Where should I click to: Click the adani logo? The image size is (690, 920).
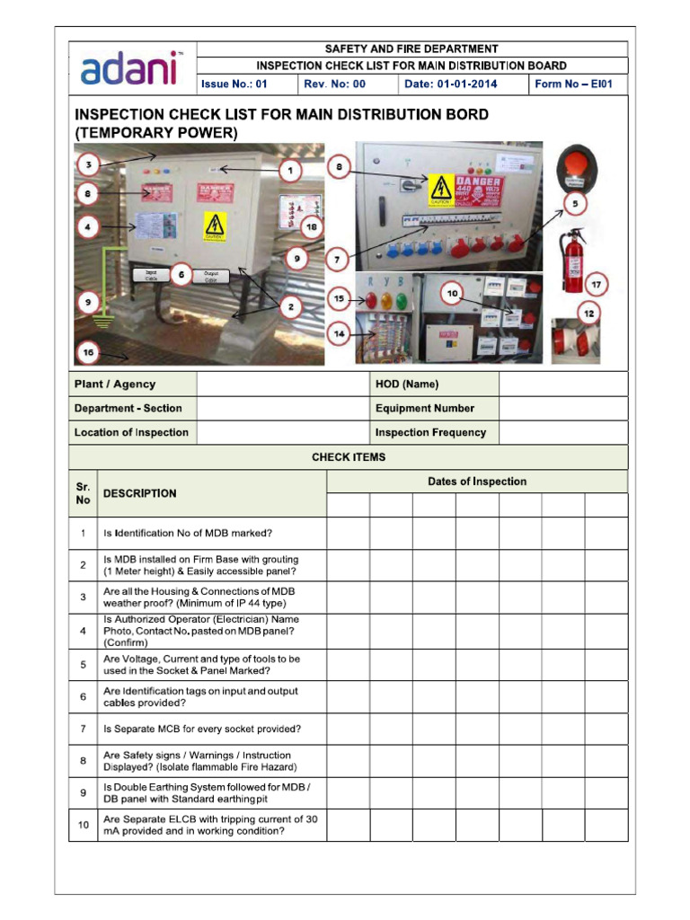pyautogui.click(x=131, y=68)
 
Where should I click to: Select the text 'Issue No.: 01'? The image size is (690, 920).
pyautogui.click(x=234, y=84)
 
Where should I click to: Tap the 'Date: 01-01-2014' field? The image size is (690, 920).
pyautogui.click(x=450, y=84)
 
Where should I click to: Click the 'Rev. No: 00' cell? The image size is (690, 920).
pyautogui.click(x=335, y=84)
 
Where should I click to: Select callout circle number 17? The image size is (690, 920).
pyautogui.click(x=595, y=285)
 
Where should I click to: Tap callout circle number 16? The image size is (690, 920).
pyautogui.click(x=88, y=353)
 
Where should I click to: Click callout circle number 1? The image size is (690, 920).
pyautogui.click(x=289, y=170)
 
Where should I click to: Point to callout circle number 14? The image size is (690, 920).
pyautogui.click(x=339, y=333)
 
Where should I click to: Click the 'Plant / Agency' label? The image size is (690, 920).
pyautogui.click(x=114, y=385)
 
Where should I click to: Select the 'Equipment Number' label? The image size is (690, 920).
pyautogui.click(x=425, y=409)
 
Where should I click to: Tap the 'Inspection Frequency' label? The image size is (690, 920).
pyautogui.click(x=430, y=433)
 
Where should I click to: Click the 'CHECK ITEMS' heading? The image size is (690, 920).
pyautogui.click(x=349, y=457)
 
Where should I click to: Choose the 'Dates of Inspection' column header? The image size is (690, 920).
pyautogui.click(x=476, y=482)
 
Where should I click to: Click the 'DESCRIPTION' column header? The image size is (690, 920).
pyautogui.click(x=139, y=493)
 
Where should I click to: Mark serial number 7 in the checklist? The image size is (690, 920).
pyautogui.click(x=83, y=730)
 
